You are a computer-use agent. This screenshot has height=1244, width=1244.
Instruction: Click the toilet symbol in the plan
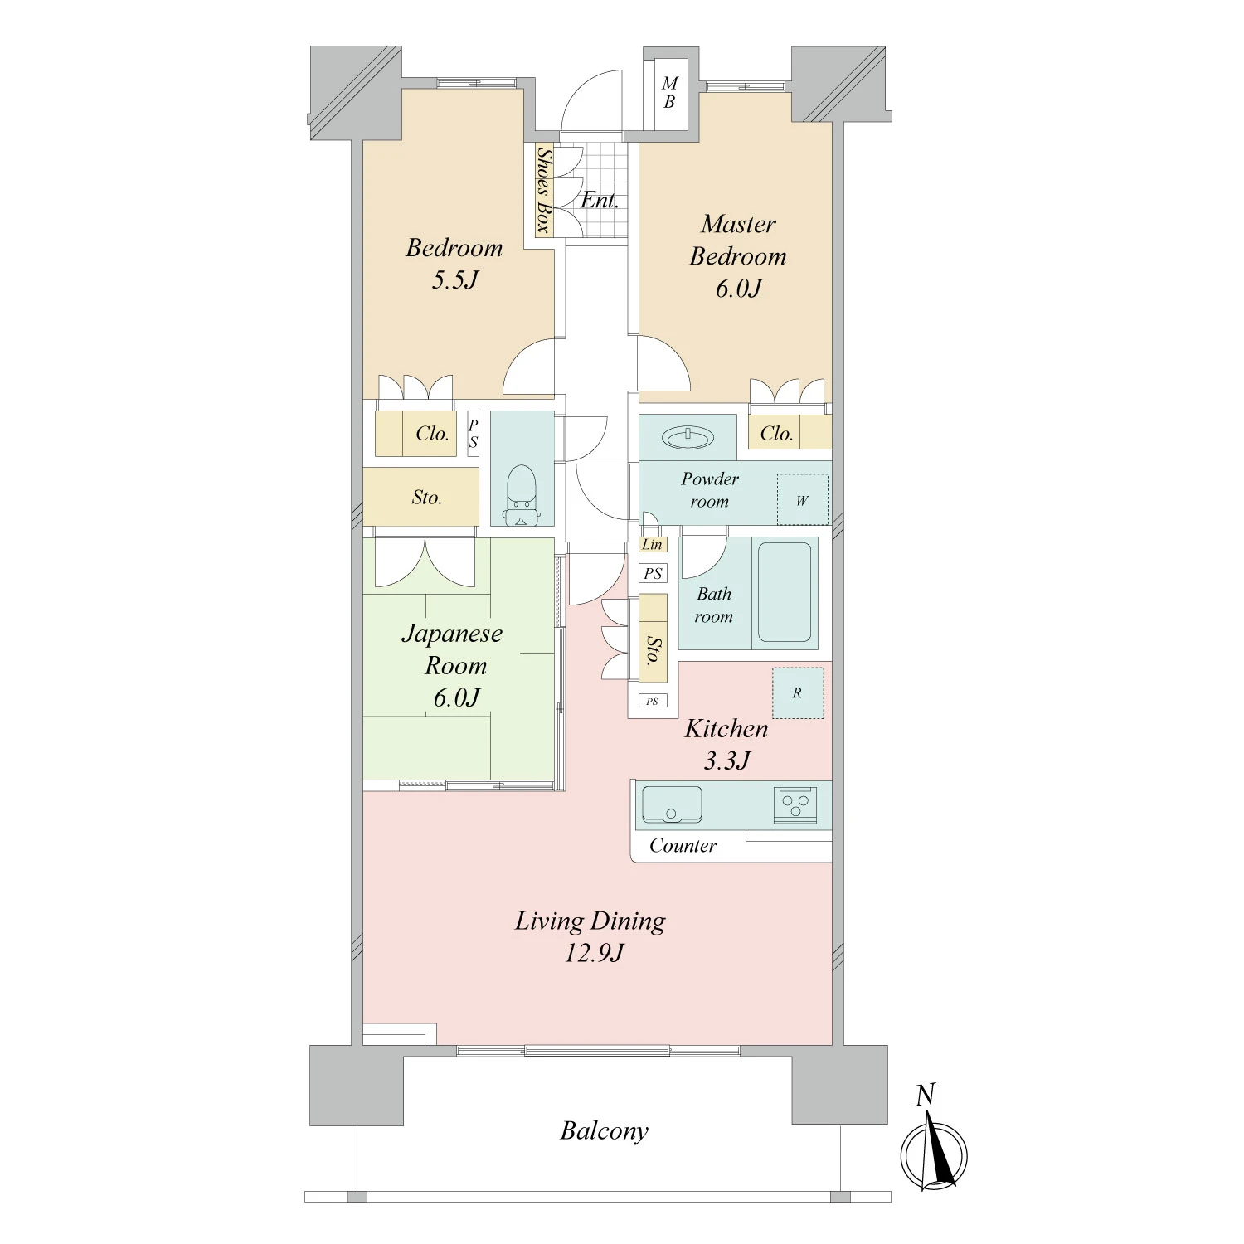[522, 495]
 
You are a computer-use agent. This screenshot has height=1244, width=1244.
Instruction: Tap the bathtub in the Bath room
[784, 591]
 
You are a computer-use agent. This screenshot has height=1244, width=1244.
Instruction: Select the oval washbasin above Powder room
[688, 437]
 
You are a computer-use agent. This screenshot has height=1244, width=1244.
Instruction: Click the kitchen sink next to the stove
[672, 804]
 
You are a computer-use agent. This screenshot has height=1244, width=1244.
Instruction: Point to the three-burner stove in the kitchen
[795, 804]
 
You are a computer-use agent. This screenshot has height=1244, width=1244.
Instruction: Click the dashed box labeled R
[798, 693]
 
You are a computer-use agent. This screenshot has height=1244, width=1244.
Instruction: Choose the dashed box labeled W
[802, 499]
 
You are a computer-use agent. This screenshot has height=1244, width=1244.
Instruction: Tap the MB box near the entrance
[670, 93]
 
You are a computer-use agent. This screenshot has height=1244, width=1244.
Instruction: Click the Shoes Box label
[544, 190]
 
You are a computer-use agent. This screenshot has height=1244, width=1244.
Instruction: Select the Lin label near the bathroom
[653, 544]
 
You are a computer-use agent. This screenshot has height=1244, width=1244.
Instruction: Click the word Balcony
[604, 1131]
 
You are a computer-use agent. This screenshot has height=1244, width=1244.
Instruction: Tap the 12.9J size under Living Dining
[594, 953]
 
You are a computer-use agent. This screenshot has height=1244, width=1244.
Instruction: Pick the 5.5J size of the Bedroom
[454, 279]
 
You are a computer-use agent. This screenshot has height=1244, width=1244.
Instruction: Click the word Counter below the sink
[683, 845]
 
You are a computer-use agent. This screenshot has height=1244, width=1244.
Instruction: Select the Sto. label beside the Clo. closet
[426, 498]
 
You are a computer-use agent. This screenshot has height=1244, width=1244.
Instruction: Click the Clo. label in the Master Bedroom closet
[776, 433]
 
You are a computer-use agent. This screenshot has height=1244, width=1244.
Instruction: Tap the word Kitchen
[726, 729]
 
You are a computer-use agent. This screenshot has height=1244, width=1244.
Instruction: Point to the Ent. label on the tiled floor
[600, 200]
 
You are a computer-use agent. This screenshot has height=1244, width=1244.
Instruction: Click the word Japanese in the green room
[452, 634]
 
